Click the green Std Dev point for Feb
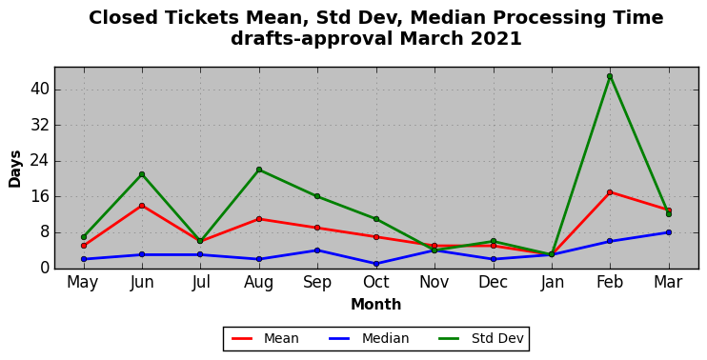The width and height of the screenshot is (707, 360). tap(610, 76)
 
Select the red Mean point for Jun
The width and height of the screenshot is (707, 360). tap(142, 206)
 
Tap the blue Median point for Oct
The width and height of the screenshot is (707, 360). tap(376, 264)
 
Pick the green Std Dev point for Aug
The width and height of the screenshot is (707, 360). tap(259, 170)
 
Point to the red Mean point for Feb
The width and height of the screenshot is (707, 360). tap(610, 192)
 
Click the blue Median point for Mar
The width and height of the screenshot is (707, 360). tap(669, 232)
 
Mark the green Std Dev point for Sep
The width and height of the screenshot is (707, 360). tap(317, 196)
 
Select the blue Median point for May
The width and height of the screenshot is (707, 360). tap(84, 259)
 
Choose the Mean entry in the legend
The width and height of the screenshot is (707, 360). tap(265, 338)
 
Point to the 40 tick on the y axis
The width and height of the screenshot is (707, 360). tap(40, 90)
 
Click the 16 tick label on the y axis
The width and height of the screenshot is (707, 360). tap(40, 197)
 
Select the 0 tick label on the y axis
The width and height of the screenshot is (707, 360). tap(44, 269)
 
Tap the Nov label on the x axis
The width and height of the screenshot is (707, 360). tap(434, 283)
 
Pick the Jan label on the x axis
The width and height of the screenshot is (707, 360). tap(552, 283)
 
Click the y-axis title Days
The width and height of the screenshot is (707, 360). tap(15, 169)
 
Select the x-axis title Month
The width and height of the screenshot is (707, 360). tap(376, 305)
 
